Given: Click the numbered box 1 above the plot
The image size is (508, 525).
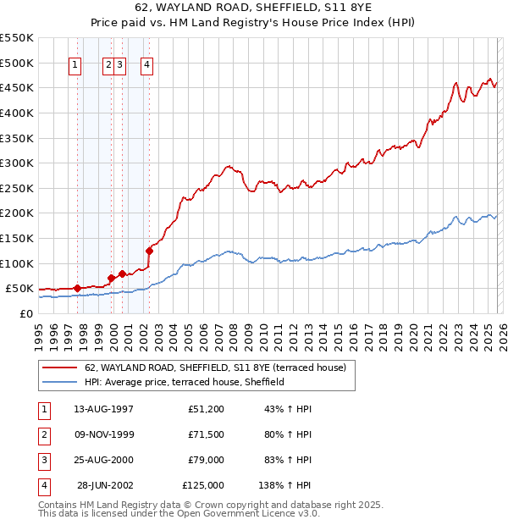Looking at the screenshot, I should (x=75, y=65).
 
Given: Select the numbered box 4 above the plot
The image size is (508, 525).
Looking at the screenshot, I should (x=146, y=65).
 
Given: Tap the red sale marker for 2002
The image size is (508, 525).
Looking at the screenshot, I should (x=149, y=250).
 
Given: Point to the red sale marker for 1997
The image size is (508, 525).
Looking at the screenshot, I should (x=77, y=288).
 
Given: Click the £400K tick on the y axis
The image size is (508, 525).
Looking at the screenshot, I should (x=16, y=113).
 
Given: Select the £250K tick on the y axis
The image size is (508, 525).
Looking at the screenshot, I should (x=16, y=188).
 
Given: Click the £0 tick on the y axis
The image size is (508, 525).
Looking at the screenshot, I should (x=25, y=313).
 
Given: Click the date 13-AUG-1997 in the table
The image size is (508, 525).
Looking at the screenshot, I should (x=103, y=409).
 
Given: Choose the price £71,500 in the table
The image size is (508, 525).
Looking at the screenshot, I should (x=207, y=434).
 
